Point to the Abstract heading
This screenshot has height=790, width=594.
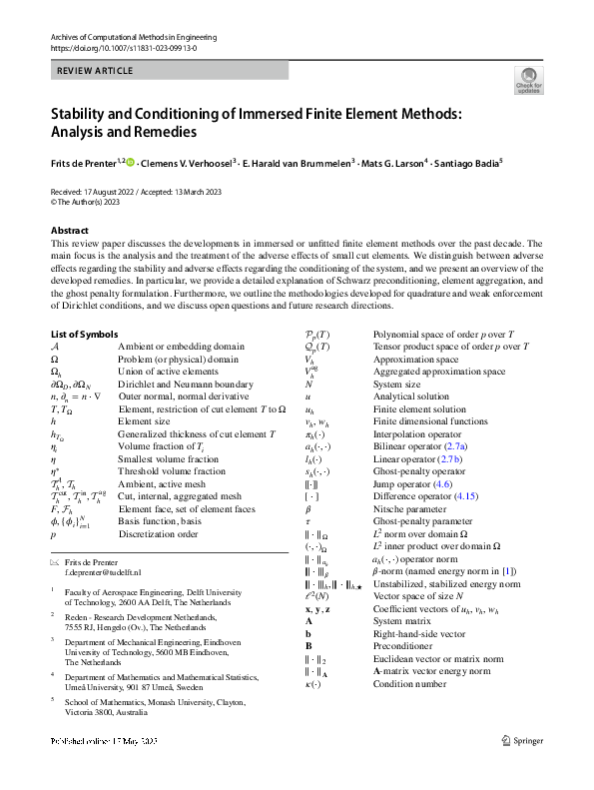pos(70,231)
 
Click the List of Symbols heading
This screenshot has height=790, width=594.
pos(89,333)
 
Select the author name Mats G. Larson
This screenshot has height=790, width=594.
pos(391,162)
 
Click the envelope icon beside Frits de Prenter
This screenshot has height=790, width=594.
pos(55,562)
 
